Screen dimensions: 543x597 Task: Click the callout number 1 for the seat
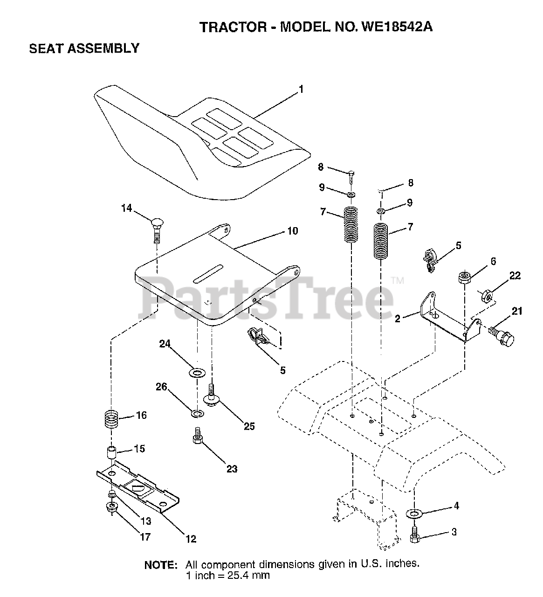click(x=301, y=90)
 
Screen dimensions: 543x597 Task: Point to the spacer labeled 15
click(x=111, y=452)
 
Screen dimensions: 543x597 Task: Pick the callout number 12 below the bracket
click(x=190, y=539)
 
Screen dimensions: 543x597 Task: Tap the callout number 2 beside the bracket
click(x=397, y=319)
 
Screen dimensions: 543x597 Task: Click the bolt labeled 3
click(x=414, y=537)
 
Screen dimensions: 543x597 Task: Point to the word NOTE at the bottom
click(x=161, y=565)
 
